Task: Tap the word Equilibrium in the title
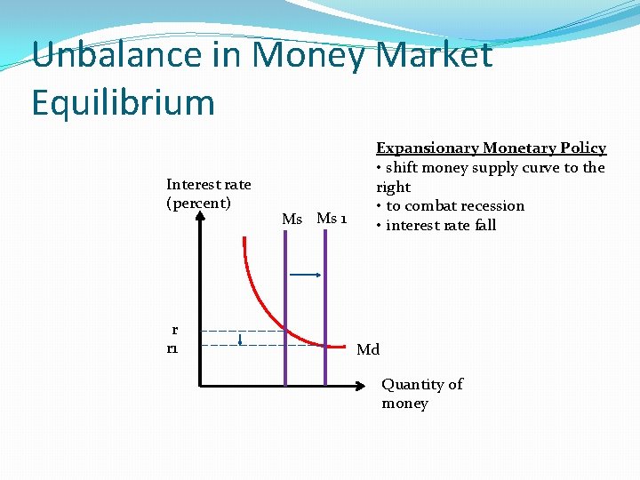pos(123,102)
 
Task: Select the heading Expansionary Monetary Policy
pos(491,148)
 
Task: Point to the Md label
pos(368,349)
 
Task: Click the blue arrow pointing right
pos(306,276)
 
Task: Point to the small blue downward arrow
pos(241,338)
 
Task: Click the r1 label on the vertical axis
pos(172,349)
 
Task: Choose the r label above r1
pos(175,330)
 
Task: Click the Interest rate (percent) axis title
pos(208,194)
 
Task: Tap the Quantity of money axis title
pos(421,394)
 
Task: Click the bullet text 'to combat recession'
pos(455,206)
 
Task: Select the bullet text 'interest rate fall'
pos(441,226)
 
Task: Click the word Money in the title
pos(308,56)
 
